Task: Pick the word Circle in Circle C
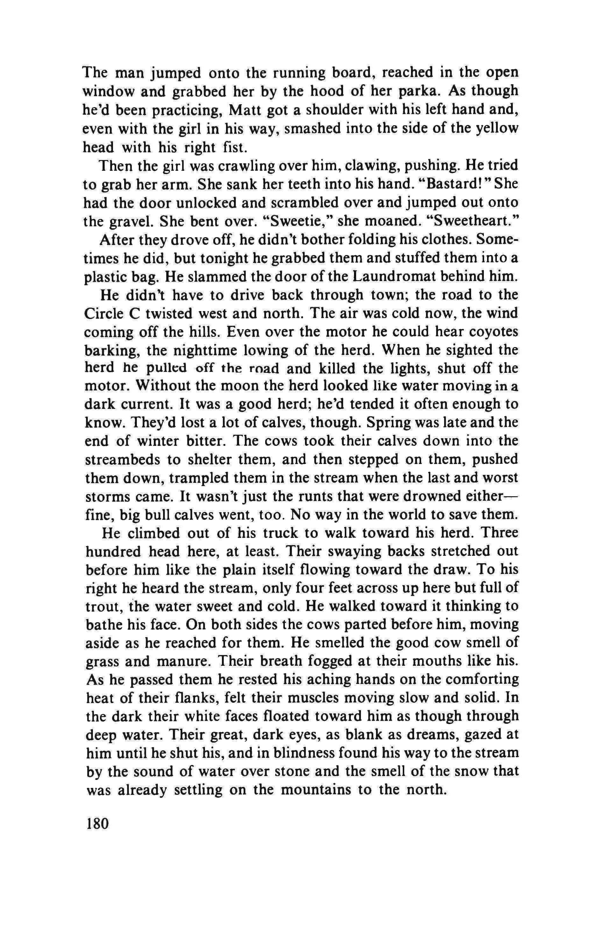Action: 103,314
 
